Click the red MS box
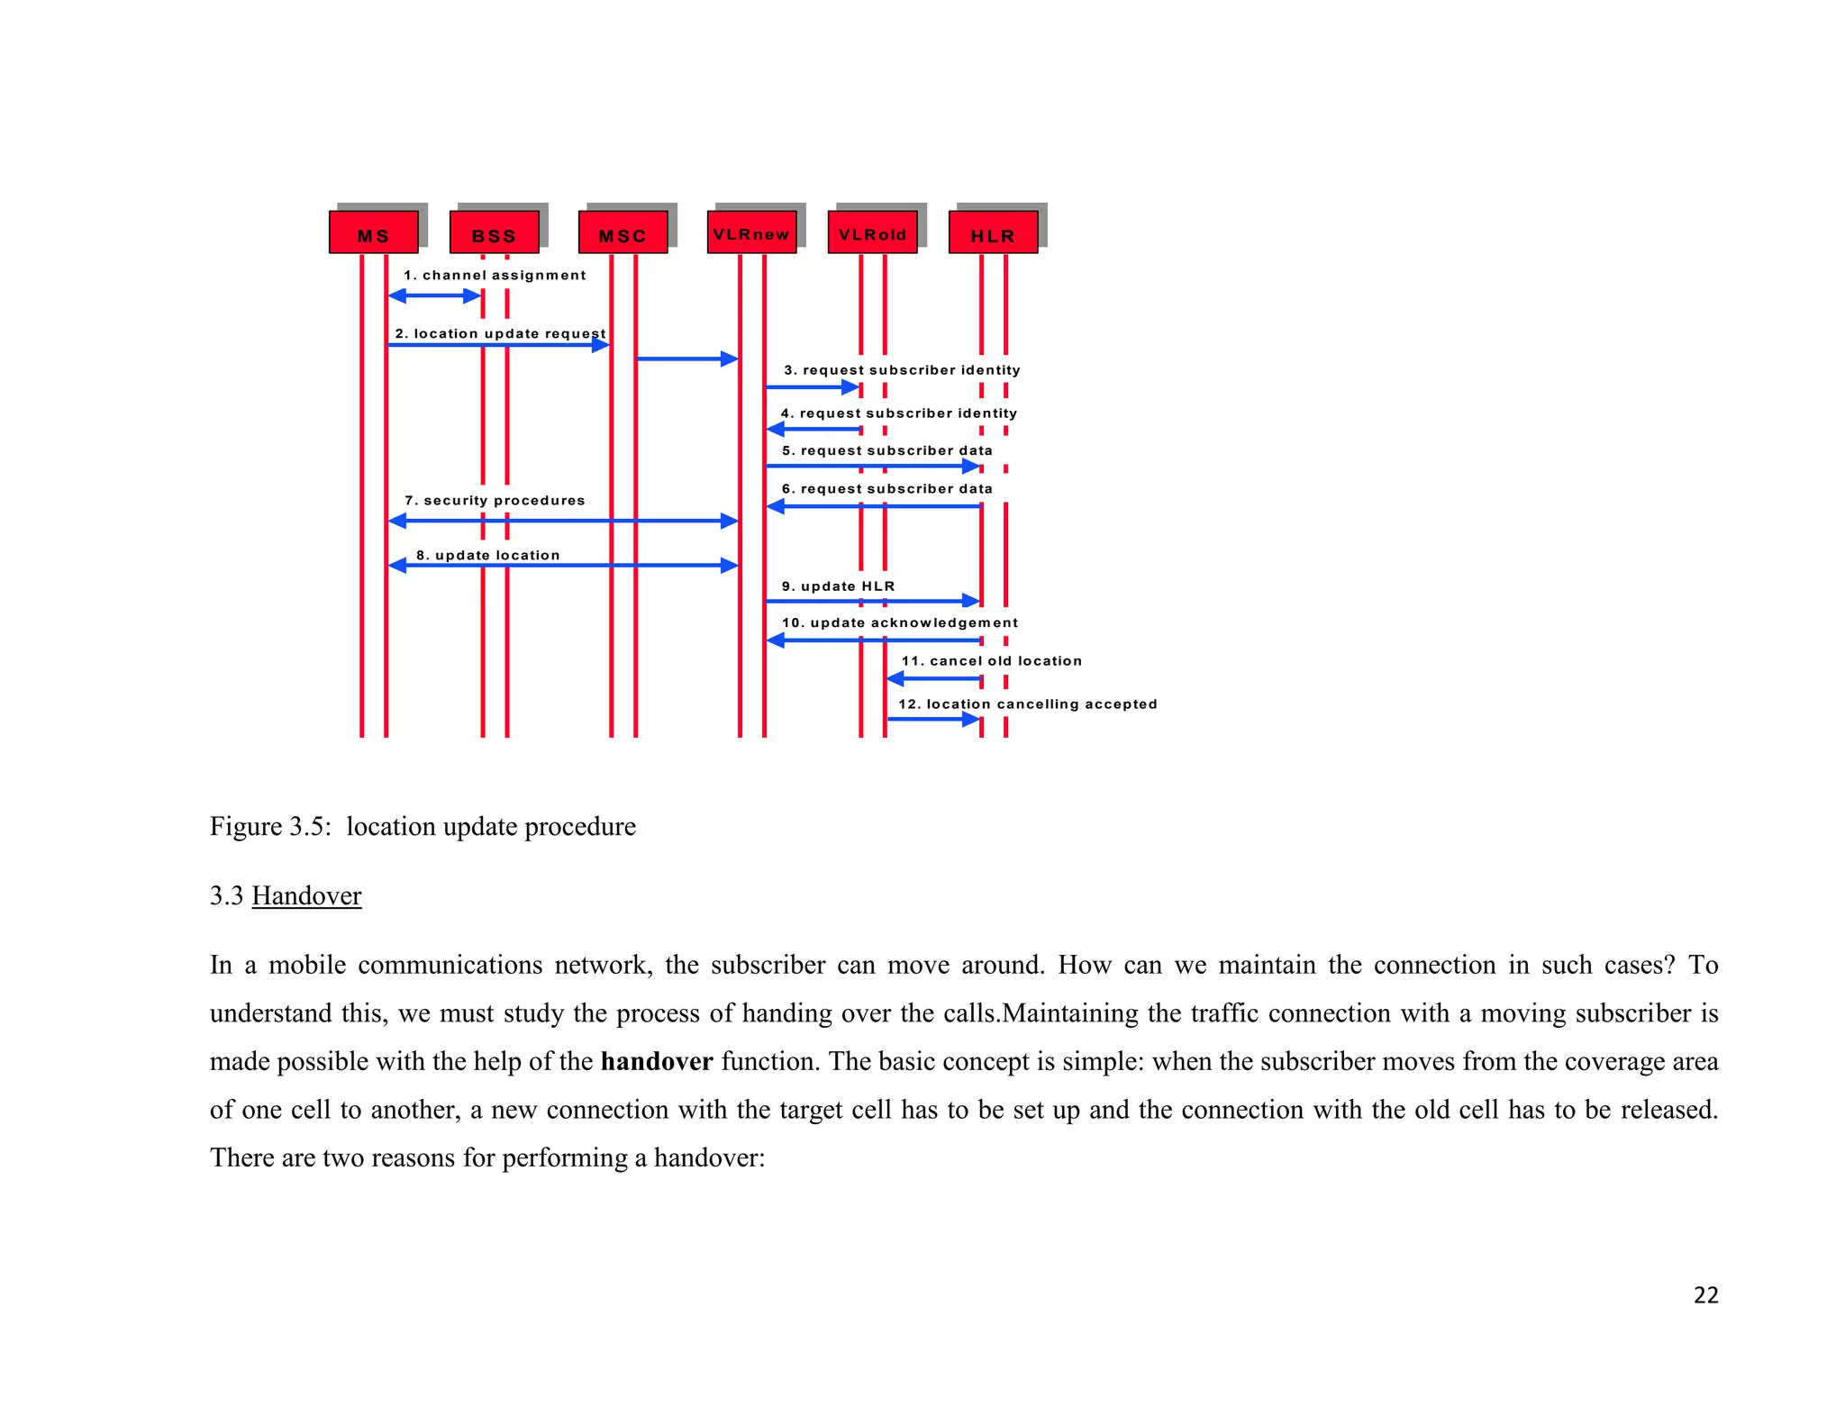pos(373,232)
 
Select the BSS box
pos(494,232)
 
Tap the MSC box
pos(623,232)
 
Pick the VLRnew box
pos(751,232)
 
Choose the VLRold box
pos(872,232)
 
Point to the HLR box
pos(993,232)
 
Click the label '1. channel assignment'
pos(495,276)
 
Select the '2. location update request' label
pos(500,333)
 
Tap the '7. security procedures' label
pos(495,501)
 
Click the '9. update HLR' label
pos(838,586)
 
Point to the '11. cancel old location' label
pos(991,661)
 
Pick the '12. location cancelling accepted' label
pos(1027,704)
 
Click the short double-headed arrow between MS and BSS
pos(434,295)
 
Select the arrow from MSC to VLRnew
pos(686,359)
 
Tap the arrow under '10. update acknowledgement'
pos(872,640)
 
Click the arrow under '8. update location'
pos(563,566)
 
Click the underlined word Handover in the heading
pos(306,895)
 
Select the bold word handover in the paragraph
pos(657,1061)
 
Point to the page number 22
pos(1705,1295)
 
